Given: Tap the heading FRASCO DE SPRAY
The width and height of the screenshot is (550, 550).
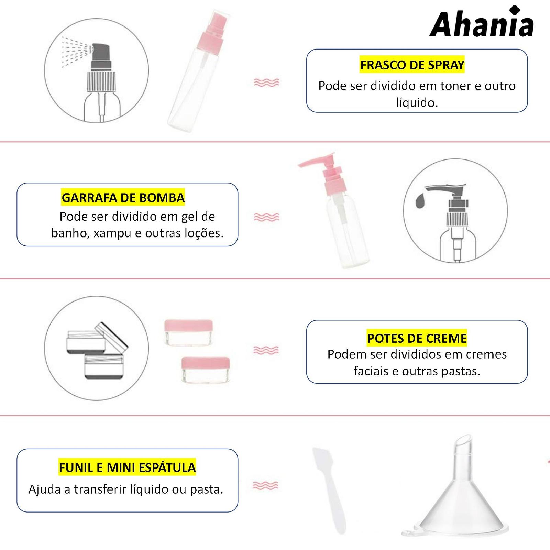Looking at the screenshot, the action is (412, 65).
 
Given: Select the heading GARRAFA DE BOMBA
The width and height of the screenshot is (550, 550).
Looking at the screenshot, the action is (123, 198).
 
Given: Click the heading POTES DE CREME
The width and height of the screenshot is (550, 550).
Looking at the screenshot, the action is (417, 338).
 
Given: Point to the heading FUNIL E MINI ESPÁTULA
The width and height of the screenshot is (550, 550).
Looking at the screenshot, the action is (127, 467).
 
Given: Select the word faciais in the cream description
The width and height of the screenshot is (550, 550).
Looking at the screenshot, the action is (371, 371).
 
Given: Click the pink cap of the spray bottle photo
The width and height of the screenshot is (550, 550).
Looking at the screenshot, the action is (210, 33).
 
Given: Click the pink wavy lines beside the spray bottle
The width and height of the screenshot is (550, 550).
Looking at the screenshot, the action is (266, 82).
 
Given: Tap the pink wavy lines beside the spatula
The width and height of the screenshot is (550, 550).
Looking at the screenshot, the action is (265, 485).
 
